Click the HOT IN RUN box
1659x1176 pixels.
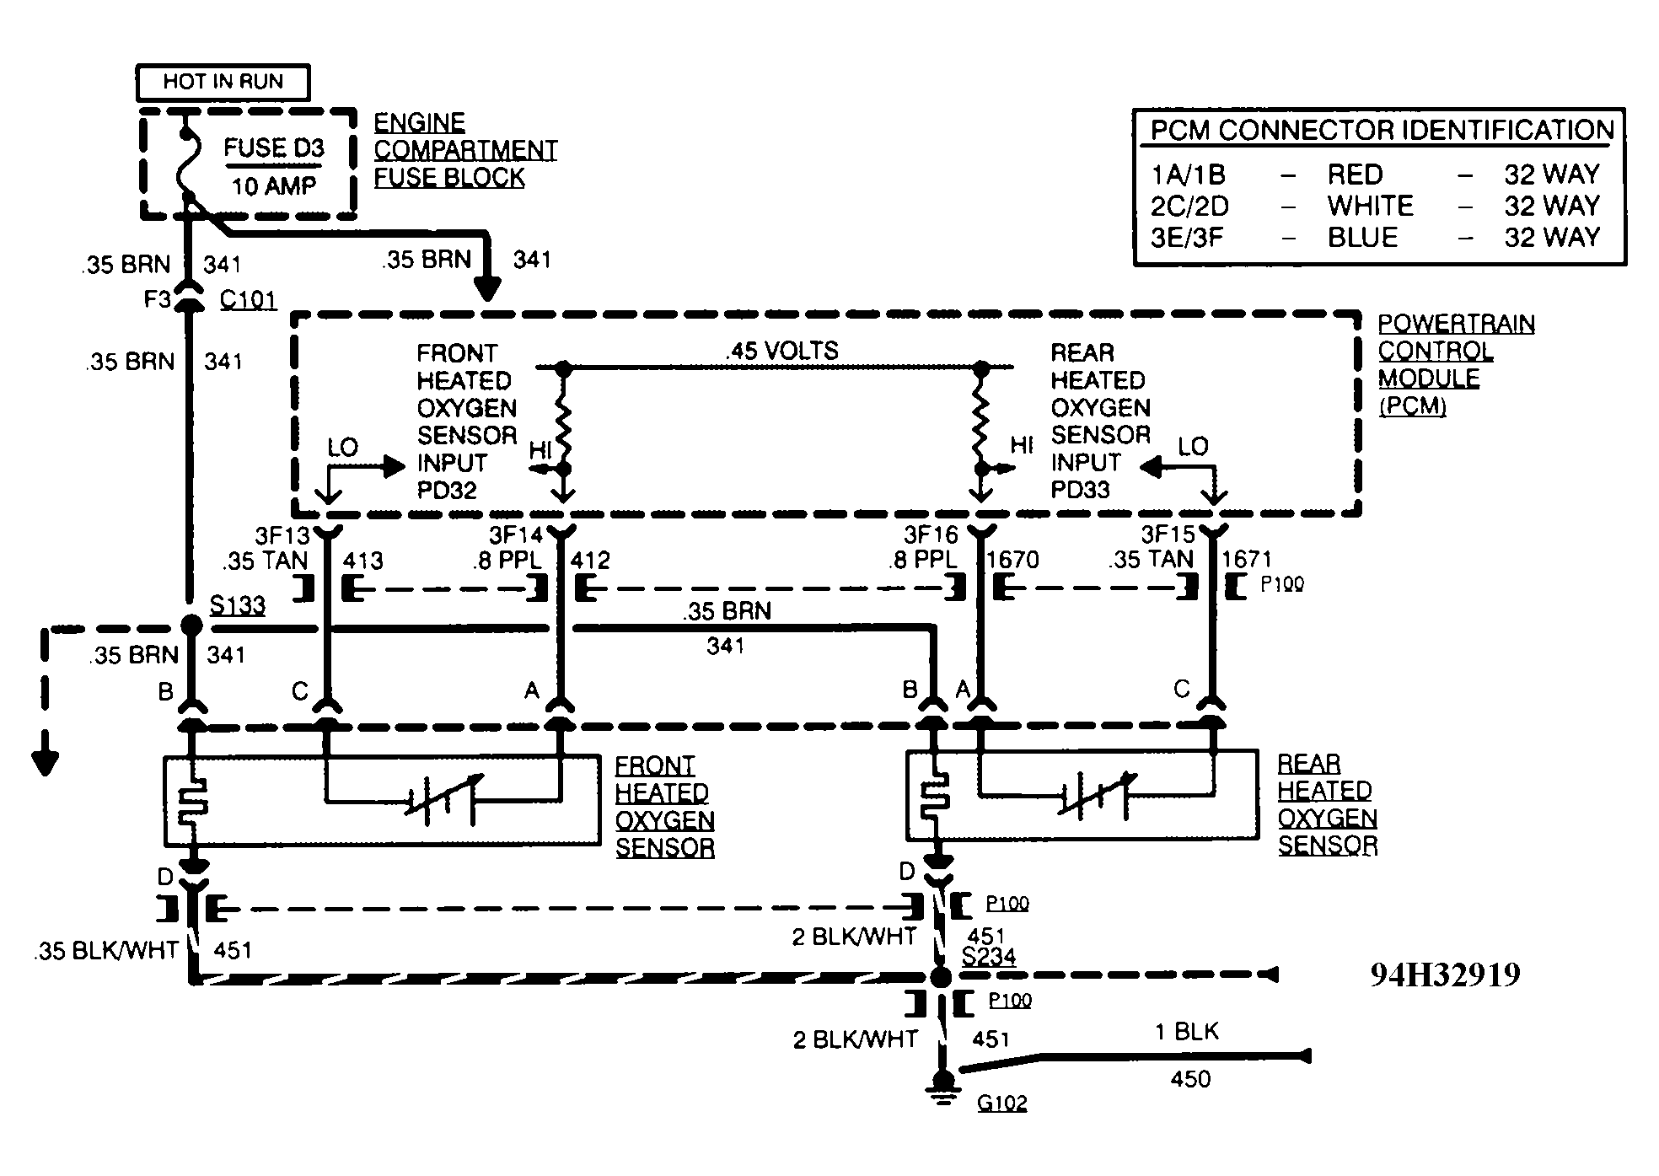(223, 83)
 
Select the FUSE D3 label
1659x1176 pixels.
(274, 148)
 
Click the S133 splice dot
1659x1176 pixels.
(192, 625)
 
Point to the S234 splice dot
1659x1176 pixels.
(941, 977)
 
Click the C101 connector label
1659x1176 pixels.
(248, 300)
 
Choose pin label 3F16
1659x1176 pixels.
(932, 535)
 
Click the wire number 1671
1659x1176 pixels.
(1247, 559)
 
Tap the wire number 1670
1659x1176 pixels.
(1012, 560)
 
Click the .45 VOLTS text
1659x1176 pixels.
(782, 351)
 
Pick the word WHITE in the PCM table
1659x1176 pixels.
(1370, 206)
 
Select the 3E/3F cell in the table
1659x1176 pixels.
(1186, 238)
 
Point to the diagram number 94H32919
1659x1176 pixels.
(1445, 975)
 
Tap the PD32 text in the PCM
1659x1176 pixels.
(447, 490)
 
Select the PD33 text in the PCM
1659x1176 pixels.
(1080, 490)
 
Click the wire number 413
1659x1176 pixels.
(363, 561)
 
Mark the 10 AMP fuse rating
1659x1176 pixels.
(273, 185)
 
